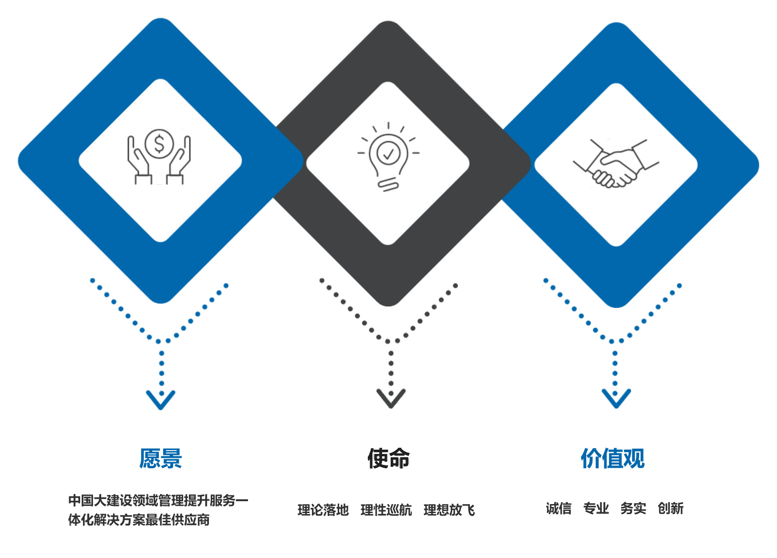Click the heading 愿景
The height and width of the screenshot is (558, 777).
pyautogui.click(x=161, y=458)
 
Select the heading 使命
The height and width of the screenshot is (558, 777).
pyautogui.click(x=389, y=458)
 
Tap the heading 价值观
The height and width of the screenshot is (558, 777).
pyautogui.click(x=612, y=458)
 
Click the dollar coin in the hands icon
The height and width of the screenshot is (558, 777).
pyautogui.click(x=159, y=144)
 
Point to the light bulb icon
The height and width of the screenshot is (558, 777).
pyautogui.click(x=388, y=157)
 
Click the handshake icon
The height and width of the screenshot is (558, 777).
pyautogui.click(x=616, y=164)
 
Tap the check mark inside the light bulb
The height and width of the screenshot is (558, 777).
pyautogui.click(x=388, y=154)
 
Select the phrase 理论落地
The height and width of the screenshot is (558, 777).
pyautogui.click(x=323, y=510)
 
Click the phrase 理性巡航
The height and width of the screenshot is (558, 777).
pyautogui.click(x=386, y=510)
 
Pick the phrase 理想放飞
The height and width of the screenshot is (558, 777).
pyautogui.click(x=449, y=510)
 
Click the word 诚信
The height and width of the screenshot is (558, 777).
pyautogui.click(x=559, y=508)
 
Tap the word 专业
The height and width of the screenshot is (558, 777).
pyautogui.click(x=596, y=508)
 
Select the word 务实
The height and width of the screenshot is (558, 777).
pyautogui.click(x=633, y=508)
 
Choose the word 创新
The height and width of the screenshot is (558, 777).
pyautogui.click(x=671, y=508)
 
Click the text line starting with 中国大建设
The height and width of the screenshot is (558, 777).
pyautogui.click(x=158, y=501)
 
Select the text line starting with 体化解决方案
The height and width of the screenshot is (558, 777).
pyautogui.click(x=139, y=520)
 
